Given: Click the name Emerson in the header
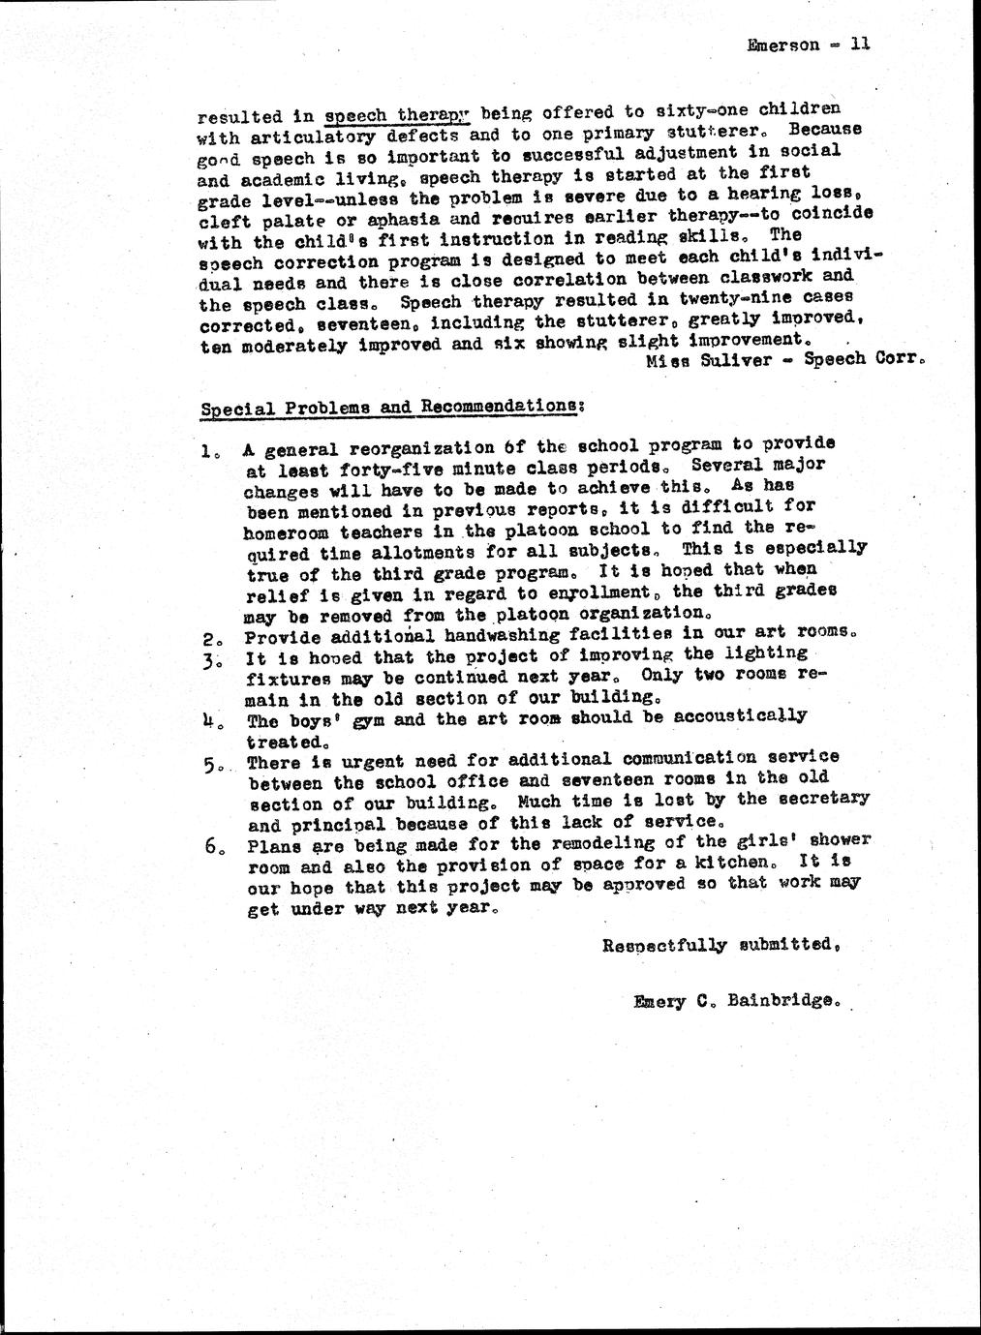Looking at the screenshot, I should tap(783, 45).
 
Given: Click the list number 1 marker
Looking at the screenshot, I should tap(208, 450).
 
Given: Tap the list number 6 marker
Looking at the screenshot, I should tap(212, 846).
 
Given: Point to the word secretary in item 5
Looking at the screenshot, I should tap(822, 798).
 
